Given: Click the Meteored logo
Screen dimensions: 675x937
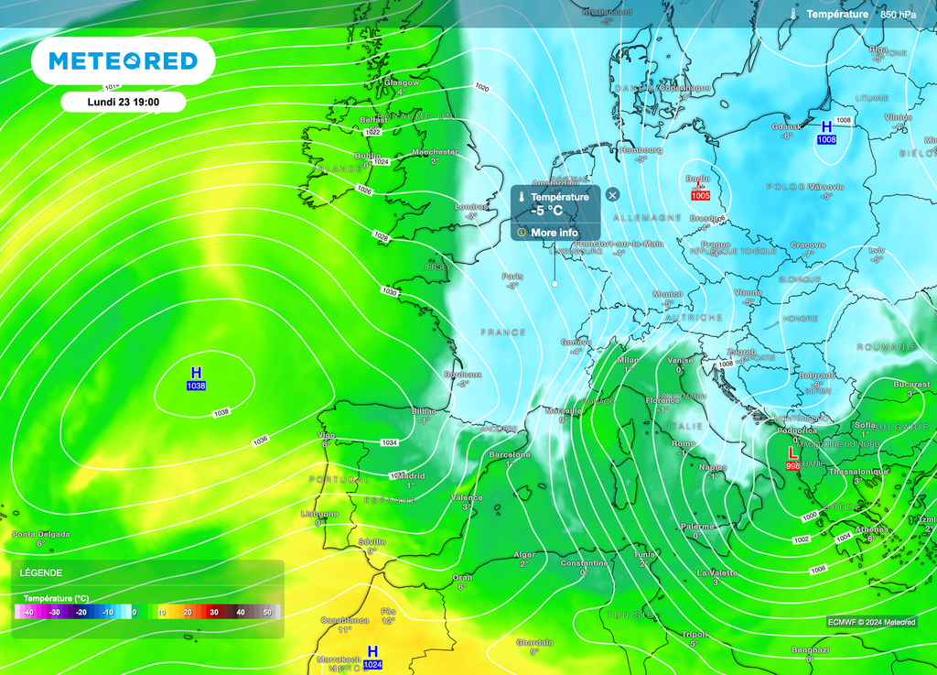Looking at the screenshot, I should point(123,61).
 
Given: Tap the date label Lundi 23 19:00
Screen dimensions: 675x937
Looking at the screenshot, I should point(124,102).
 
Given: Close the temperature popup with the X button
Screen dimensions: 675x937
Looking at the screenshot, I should point(612,194).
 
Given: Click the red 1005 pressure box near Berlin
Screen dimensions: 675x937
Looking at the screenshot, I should point(701,195).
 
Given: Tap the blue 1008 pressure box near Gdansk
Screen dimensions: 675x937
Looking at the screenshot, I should point(826,139).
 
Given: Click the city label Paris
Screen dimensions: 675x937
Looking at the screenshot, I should point(512,276).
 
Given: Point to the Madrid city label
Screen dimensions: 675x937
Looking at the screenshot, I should point(410,475).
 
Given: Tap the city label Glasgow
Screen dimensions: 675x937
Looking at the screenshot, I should point(401,82).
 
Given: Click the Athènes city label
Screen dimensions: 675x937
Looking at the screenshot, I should point(871,528).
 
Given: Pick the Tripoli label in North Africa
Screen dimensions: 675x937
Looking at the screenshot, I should point(695,633).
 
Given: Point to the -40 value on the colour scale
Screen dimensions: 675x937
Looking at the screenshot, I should point(28,612).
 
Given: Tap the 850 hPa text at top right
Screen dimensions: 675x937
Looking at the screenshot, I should point(898,15).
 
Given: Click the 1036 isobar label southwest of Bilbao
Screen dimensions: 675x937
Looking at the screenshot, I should point(260,441).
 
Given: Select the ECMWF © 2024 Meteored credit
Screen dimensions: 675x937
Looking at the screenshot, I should point(871,622).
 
